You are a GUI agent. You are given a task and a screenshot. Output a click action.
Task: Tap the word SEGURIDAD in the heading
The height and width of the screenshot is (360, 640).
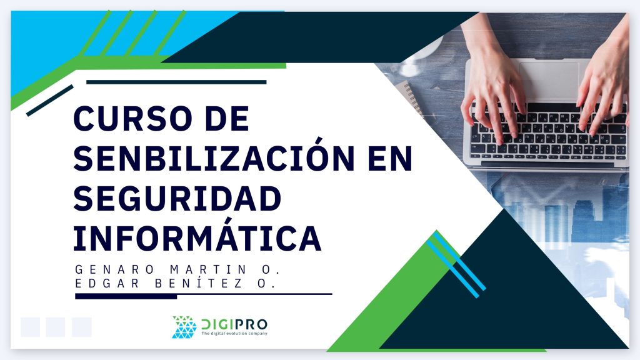coord(177,199)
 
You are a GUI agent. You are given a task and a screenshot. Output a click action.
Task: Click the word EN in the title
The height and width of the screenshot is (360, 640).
coord(390,158)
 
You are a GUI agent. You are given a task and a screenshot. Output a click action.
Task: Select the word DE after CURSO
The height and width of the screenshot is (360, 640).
coord(227,119)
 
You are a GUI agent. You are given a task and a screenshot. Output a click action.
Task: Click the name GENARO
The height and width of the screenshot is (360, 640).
coord(115,269)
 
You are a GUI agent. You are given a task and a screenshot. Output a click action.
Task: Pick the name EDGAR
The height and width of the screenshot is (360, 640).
coord(107,283)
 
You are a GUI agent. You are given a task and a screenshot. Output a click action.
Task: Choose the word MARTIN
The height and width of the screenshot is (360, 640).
coord(208,269)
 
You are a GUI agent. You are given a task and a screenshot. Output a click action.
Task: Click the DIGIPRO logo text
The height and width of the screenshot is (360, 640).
coord(234,324)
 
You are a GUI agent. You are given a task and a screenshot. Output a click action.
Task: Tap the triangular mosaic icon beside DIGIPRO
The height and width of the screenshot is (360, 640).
coord(184,327)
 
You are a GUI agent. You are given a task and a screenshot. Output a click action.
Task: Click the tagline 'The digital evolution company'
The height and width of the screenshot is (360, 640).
coord(234,334)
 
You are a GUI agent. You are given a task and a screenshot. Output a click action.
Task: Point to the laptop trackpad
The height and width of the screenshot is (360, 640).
coord(549,80)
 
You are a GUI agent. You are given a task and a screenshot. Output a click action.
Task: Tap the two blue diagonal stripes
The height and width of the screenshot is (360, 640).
coord(456,264)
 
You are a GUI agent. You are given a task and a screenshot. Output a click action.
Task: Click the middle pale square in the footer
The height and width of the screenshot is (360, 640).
coord(56,327)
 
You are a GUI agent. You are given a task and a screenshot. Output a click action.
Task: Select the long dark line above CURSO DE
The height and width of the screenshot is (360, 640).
coord(176,82)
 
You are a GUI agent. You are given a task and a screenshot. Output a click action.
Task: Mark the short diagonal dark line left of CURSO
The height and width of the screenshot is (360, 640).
coord(50,101)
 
